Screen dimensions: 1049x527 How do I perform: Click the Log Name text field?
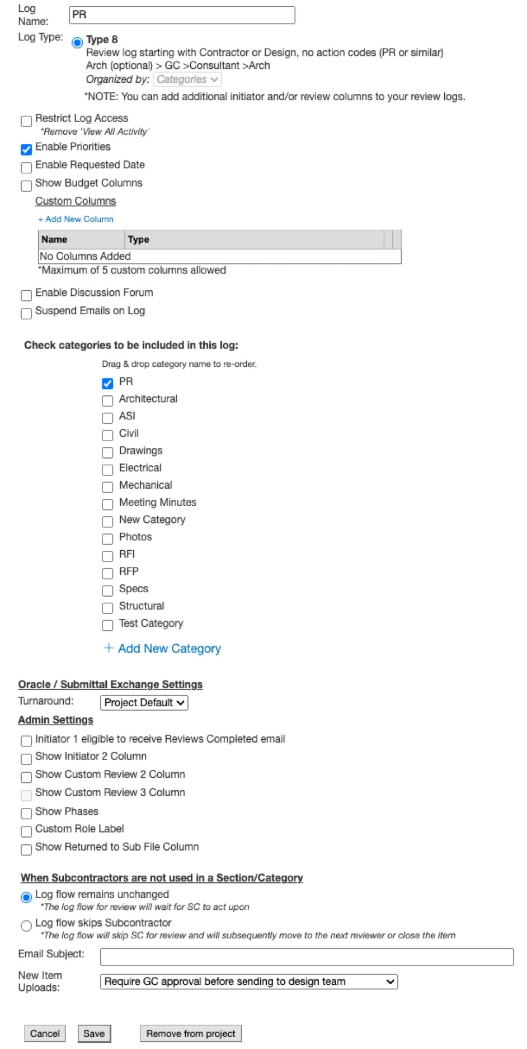182,15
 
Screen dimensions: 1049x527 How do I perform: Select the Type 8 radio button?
78,42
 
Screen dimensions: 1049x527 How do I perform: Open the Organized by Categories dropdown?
187,80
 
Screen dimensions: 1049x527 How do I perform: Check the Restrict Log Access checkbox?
26,121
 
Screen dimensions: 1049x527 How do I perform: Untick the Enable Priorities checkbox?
26,150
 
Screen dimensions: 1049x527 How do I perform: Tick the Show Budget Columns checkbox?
26,186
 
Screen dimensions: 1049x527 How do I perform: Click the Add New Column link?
76,219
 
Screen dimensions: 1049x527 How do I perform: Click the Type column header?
139,239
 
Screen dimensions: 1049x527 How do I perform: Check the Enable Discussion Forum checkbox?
26,295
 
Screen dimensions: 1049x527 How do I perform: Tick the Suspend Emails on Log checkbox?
26,314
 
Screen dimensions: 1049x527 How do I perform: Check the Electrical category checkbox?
107,470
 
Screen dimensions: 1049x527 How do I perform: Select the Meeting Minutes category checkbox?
107,505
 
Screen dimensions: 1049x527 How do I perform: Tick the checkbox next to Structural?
107,608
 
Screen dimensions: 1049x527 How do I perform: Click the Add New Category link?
163,649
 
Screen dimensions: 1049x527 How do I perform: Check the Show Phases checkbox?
26,814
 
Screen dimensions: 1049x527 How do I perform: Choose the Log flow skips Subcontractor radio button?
26,926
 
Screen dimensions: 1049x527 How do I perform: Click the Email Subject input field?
307,957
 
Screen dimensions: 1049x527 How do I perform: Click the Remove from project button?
191,1033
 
